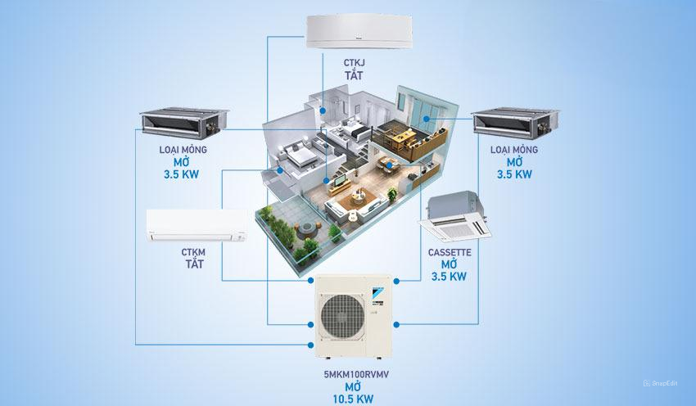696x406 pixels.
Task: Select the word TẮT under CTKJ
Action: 350,74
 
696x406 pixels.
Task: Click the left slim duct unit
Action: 180,123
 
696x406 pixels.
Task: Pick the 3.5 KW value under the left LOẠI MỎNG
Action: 182,174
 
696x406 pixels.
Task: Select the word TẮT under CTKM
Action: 193,265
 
